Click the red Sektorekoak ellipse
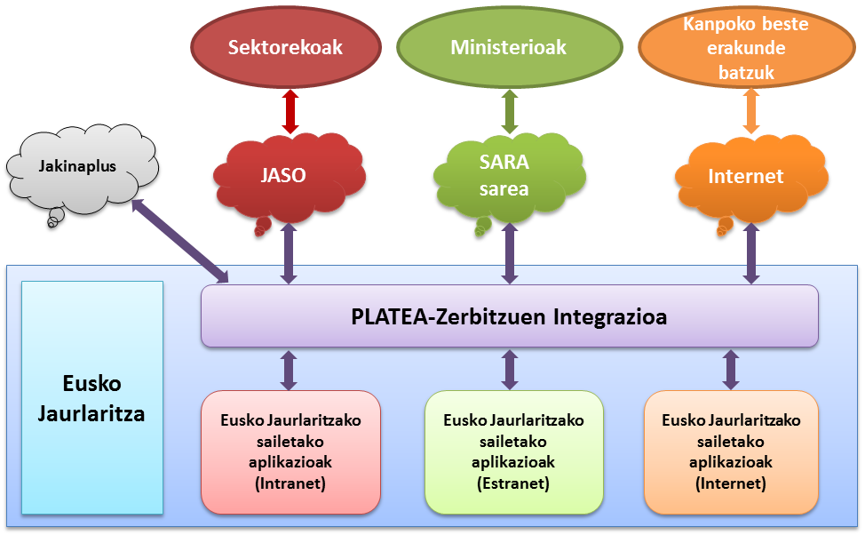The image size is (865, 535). (285, 47)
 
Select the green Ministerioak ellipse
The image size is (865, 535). (509, 47)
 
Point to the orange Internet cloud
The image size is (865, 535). (746, 176)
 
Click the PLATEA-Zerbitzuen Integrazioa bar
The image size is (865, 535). (509, 315)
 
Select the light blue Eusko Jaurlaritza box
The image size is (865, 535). (92, 397)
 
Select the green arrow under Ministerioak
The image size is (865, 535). (510, 111)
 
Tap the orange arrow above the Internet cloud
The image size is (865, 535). (750, 111)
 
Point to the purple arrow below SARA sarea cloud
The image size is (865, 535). (510, 252)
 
